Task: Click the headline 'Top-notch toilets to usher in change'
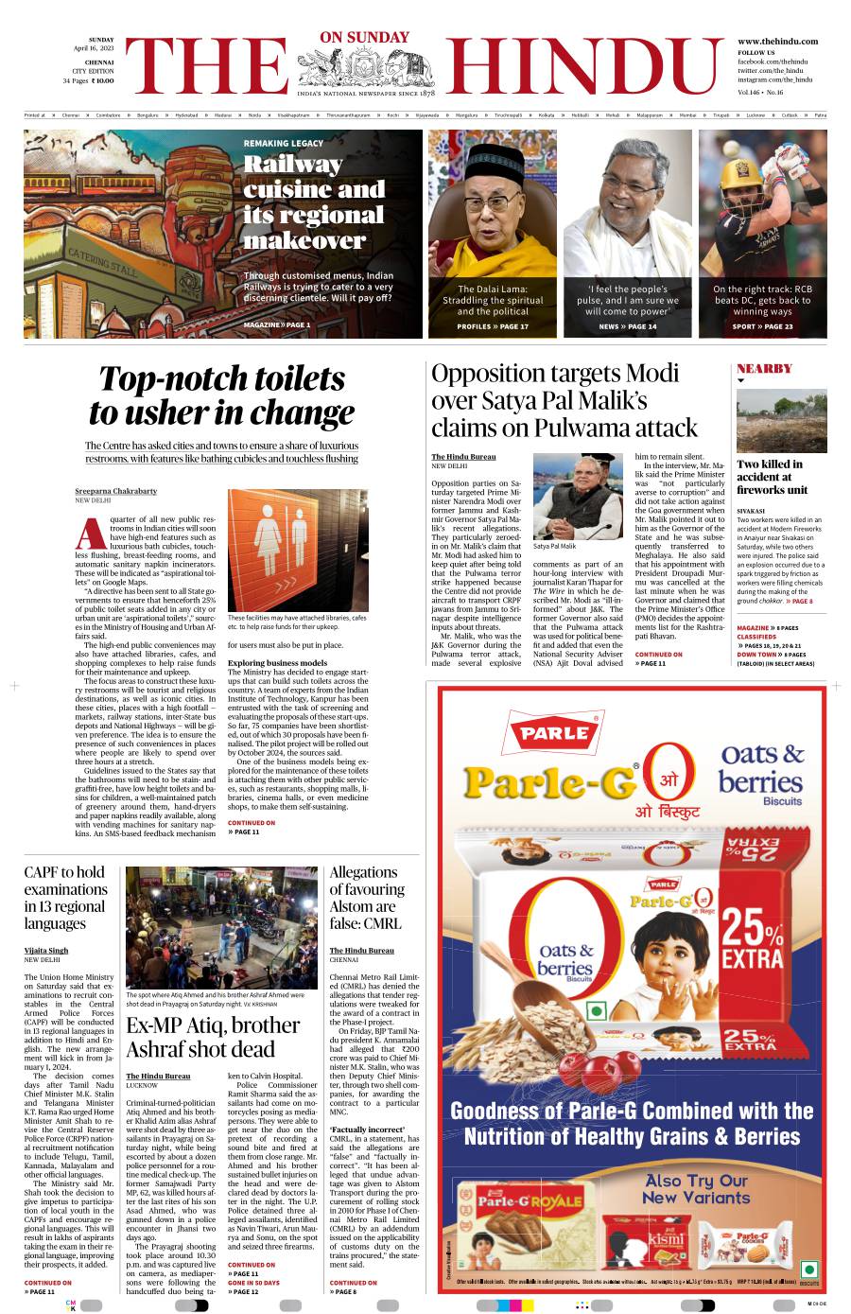tap(221, 395)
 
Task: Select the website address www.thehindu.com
tap(776, 42)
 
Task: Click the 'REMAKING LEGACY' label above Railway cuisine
tap(283, 143)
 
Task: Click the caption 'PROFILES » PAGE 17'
tap(492, 326)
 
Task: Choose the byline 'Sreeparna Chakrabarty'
tap(116, 491)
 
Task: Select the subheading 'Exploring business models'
tap(277, 663)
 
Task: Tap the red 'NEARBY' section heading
tap(764, 368)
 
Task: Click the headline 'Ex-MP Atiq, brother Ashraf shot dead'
tap(213, 1037)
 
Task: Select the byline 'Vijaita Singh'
tap(46, 950)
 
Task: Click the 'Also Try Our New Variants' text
tap(695, 1188)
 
